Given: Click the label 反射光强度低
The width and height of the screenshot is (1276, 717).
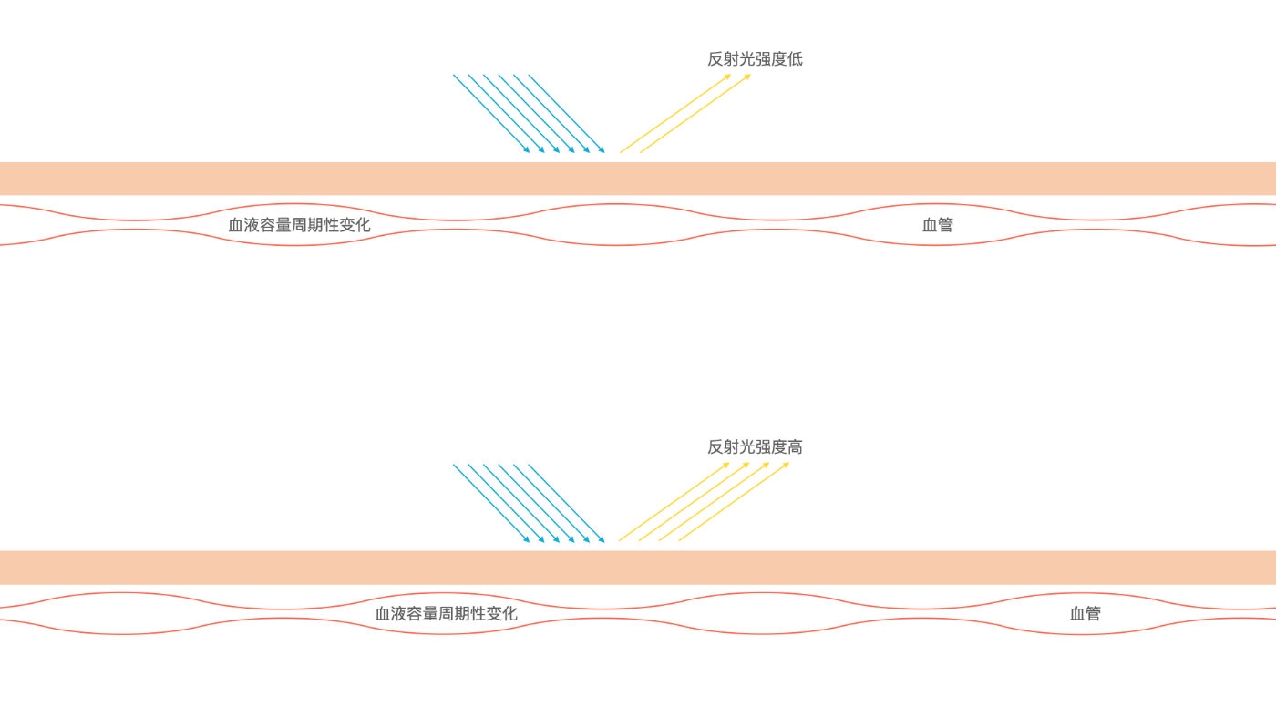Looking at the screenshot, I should pyautogui.click(x=755, y=59).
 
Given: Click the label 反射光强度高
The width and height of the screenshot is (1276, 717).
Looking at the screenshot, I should pyautogui.click(x=755, y=447).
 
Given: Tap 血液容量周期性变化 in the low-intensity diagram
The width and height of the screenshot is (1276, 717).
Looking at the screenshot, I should pyautogui.click(x=299, y=224).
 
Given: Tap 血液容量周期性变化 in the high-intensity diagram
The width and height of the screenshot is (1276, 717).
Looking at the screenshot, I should pyautogui.click(x=447, y=613).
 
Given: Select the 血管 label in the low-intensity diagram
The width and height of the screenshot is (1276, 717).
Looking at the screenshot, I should pyautogui.click(x=937, y=224).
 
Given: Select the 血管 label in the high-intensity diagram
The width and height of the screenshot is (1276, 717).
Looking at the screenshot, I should pyautogui.click(x=1085, y=613).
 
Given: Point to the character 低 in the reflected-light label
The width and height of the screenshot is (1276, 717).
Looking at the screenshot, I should pyautogui.click(x=795, y=59).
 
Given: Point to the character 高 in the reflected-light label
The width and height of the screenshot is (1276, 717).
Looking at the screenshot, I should pyautogui.click(x=795, y=447).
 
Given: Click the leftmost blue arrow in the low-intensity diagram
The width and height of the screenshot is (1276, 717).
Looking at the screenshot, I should pyautogui.click(x=490, y=113).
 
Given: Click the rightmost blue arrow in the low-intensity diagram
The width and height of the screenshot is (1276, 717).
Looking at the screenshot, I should pyautogui.click(x=566, y=113).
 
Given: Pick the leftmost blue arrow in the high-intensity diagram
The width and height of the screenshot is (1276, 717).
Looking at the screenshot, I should pyautogui.click(x=490, y=502).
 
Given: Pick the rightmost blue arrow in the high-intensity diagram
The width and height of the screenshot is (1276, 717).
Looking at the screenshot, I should pyautogui.click(x=566, y=502).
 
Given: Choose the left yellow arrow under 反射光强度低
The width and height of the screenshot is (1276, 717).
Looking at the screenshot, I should pyautogui.click(x=675, y=113).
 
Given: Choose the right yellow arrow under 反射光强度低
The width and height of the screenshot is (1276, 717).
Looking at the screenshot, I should pyautogui.click(x=695, y=113).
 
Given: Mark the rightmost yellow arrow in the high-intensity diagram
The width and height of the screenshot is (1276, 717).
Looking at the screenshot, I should pyautogui.click(x=734, y=501).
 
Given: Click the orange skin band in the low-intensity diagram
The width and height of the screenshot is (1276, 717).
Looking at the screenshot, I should pyautogui.click(x=638, y=179).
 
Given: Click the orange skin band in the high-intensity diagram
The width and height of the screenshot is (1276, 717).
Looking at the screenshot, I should pyautogui.click(x=638, y=567).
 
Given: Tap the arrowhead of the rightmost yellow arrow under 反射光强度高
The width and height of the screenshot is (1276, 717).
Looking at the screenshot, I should pyautogui.click(x=787, y=464).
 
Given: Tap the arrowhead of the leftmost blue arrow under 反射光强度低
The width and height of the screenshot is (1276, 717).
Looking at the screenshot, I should pyautogui.click(x=527, y=150).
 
